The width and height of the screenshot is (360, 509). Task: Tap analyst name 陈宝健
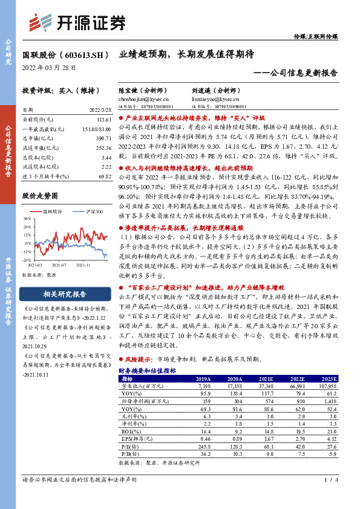point(131,90)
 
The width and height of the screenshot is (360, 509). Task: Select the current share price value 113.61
point(96,120)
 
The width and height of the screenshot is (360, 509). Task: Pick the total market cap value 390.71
point(96,138)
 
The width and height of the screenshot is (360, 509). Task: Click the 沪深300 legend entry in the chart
point(94,211)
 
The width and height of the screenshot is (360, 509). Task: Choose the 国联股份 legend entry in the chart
point(53,211)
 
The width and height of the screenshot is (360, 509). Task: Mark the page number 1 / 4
point(329,496)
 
